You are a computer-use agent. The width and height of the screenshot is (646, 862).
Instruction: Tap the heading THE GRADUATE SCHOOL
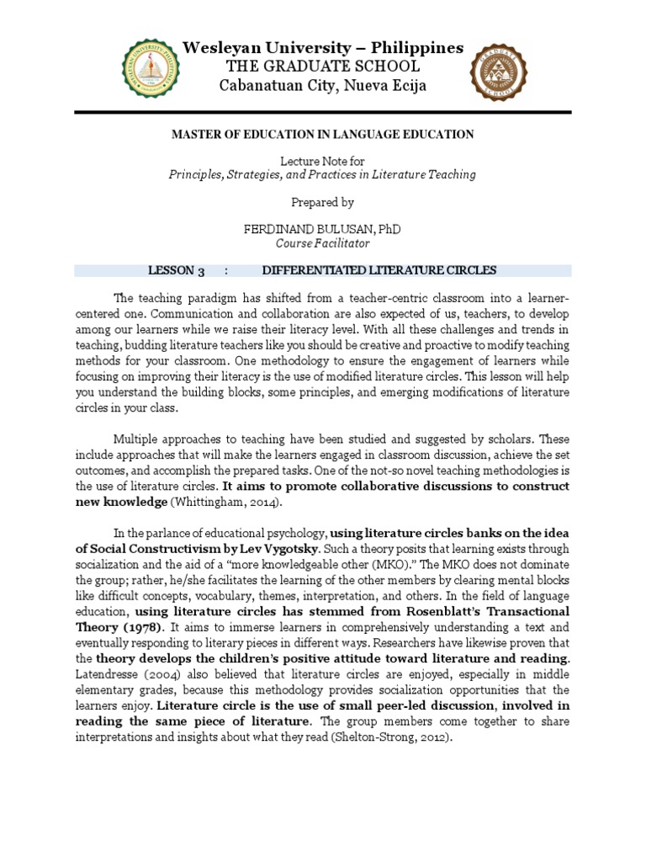pos(323,67)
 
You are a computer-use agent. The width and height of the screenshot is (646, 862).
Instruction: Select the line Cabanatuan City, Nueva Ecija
pos(323,86)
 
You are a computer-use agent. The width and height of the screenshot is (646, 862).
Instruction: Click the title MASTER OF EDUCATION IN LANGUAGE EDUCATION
pos(323,135)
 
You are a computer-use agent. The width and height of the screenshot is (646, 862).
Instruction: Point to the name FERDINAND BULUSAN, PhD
pos(323,229)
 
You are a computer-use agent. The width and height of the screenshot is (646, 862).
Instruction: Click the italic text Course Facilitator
pos(323,243)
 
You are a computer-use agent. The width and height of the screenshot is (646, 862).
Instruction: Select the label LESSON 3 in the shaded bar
pos(177,270)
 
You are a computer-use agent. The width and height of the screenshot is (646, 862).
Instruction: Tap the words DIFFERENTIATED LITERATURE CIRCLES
pos(379,270)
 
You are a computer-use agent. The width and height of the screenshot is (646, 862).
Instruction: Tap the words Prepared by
pos(323,202)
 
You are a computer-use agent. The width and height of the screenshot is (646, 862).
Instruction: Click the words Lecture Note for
pos(323,161)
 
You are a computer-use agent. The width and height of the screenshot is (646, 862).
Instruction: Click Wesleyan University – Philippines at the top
pos(323,48)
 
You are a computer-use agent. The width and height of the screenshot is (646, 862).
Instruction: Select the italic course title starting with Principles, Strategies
pos(323,175)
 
